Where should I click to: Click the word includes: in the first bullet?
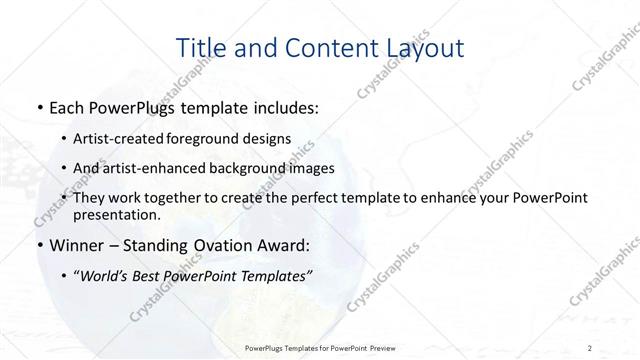click(x=281, y=105)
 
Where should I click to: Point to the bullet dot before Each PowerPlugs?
click(x=38, y=105)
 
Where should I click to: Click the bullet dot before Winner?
click(x=38, y=245)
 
